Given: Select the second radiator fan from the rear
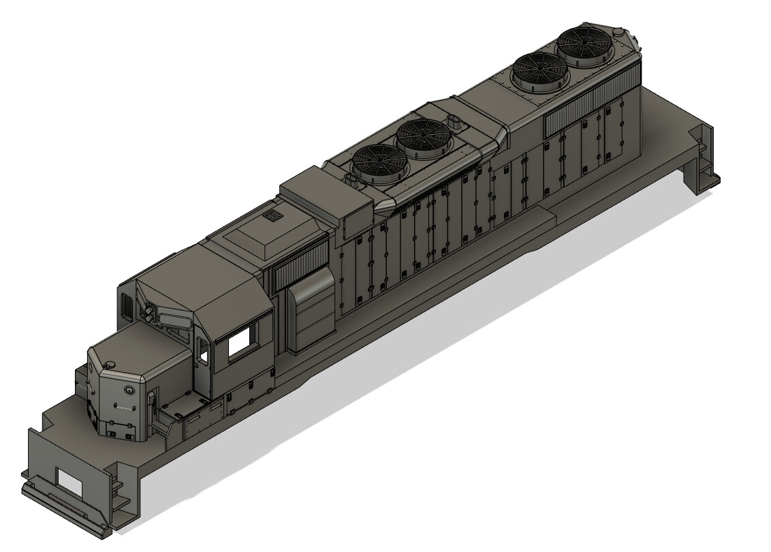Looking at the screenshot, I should point(541,70).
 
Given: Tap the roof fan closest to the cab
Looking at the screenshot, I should point(379,163).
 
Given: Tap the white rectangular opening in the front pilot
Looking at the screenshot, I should point(69,482).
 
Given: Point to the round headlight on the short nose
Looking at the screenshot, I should point(129,390).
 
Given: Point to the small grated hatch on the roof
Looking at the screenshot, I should point(273,216).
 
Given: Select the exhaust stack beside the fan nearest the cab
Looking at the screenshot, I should point(352,181).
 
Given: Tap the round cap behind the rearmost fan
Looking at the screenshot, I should point(618,31).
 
